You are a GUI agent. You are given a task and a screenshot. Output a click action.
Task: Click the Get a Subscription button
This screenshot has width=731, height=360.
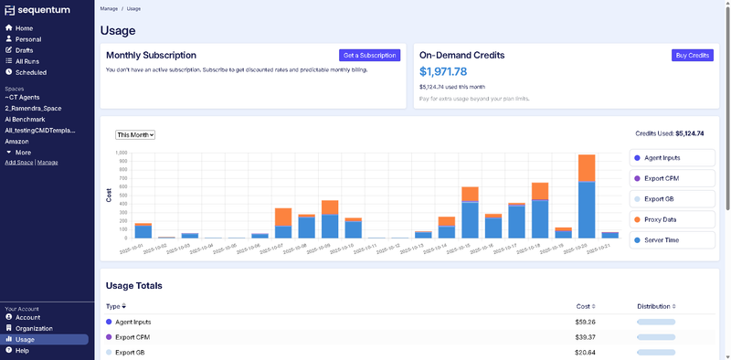[x=369, y=56]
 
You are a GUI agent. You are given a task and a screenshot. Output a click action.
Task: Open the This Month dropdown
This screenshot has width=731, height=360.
[x=135, y=134]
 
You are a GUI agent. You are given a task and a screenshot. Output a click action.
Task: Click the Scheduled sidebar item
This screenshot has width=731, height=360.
[x=31, y=72]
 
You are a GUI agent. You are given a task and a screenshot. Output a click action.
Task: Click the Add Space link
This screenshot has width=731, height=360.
[x=18, y=163]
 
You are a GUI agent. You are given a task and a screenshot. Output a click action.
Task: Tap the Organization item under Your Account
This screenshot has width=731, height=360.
[x=34, y=328]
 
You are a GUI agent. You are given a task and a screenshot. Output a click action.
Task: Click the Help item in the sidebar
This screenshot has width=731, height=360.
[x=22, y=350]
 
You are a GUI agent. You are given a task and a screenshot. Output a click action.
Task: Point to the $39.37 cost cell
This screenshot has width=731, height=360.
[x=585, y=337]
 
